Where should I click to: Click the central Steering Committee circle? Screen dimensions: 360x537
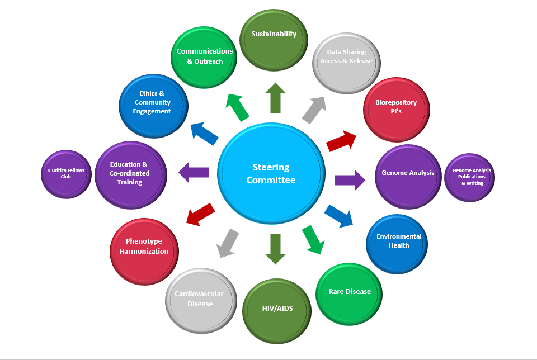[x=271, y=173]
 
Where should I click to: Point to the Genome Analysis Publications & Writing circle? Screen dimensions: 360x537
[x=472, y=176]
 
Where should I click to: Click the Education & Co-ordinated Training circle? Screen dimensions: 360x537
[x=129, y=174]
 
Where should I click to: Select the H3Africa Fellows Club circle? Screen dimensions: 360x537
[x=66, y=174]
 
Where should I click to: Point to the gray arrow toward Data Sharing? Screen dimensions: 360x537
[x=314, y=110]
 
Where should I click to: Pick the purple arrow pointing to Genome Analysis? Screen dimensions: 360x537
[x=350, y=179]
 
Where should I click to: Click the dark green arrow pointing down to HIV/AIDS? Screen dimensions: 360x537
[x=275, y=248]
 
